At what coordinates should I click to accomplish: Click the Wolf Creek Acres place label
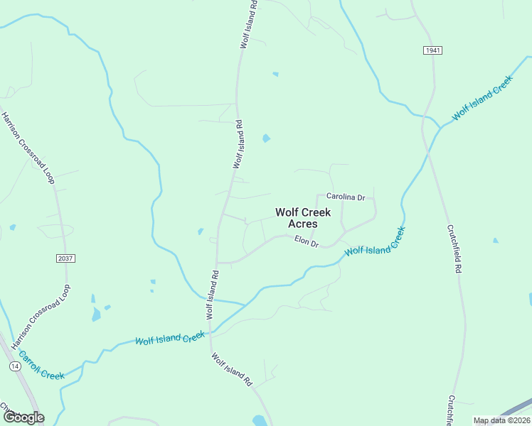[303, 217]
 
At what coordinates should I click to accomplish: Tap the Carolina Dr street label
[345, 197]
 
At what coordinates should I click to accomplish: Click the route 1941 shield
[432, 50]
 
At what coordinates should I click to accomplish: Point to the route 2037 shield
[64, 258]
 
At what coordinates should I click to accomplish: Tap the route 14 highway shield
[14, 366]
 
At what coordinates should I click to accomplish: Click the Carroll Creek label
[41, 365]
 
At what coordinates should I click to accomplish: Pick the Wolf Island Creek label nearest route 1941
[482, 97]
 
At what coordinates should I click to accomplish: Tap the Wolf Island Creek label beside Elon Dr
[375, 242]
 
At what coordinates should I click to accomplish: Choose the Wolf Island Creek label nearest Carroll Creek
[170, 339]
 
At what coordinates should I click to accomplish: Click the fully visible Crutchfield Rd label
[455, 249]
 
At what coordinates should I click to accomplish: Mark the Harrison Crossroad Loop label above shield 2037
[28, 148]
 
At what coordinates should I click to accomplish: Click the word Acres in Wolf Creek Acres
[303, 224]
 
